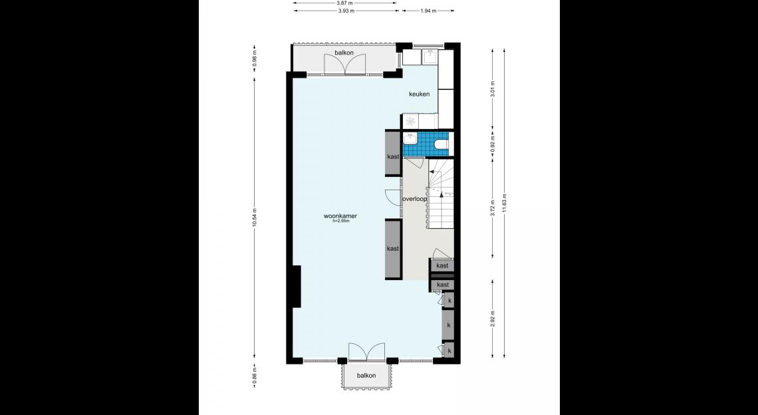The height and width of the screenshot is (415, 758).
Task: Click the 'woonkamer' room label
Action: pos(340,216)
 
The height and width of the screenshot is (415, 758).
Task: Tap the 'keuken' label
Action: pos(419,94)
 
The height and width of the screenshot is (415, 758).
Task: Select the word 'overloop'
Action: pos(415,199)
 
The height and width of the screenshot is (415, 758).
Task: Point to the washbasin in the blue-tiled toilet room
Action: pos(410,139)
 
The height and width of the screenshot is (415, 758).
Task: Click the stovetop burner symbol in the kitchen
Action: pos(410,121)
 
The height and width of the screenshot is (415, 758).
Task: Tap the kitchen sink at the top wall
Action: pos(430,57)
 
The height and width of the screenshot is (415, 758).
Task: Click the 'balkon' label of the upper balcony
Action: pos(344,53)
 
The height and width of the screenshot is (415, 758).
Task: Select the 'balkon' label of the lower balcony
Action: pos(366,375)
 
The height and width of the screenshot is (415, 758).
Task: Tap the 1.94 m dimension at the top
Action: pos(428,11)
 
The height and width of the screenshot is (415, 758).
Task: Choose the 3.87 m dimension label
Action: pos(344,3)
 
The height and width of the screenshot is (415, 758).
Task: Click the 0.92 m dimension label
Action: pos(493,143)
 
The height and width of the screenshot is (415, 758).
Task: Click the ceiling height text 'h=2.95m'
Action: pos(340,221)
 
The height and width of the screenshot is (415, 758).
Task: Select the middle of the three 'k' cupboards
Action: pos(449,325)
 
